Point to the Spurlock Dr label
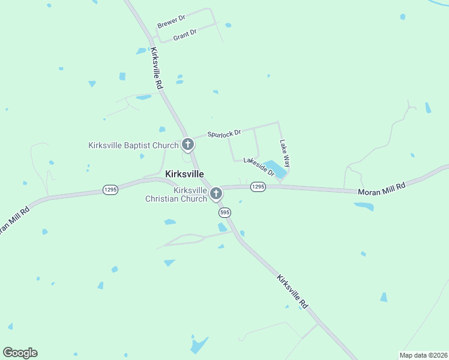click(224, 133)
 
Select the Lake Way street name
click(285, 153)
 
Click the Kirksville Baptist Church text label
click(133, 145)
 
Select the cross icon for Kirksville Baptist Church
click(188, 145)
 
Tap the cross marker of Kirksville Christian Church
click(216, 193)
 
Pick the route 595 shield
click(224, 212)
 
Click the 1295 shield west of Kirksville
click(110, 189)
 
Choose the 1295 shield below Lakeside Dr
click(258, 187)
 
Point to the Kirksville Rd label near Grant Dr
click(157, 69)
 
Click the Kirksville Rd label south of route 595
click(292, 292)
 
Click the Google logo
click(20, 353)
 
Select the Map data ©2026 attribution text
click(424, 355)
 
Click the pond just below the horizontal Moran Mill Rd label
click(364, 206)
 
